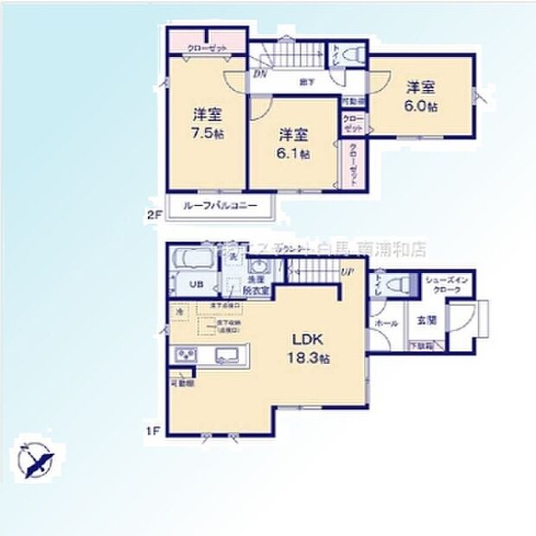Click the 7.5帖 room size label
coord(208,135)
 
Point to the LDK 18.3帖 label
coord(307,347)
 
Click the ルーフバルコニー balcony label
coord(220,207)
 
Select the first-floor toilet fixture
coord(397,285)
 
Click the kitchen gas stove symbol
coord(187,354)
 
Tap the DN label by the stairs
coord(259,74)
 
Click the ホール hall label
coord(386,322)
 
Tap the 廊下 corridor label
coord(306,82)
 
